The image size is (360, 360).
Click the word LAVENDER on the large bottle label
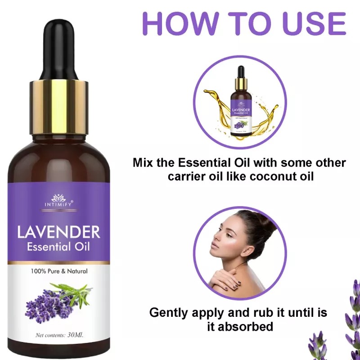click(58, 232)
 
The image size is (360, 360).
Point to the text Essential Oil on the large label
click(58, 247)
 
